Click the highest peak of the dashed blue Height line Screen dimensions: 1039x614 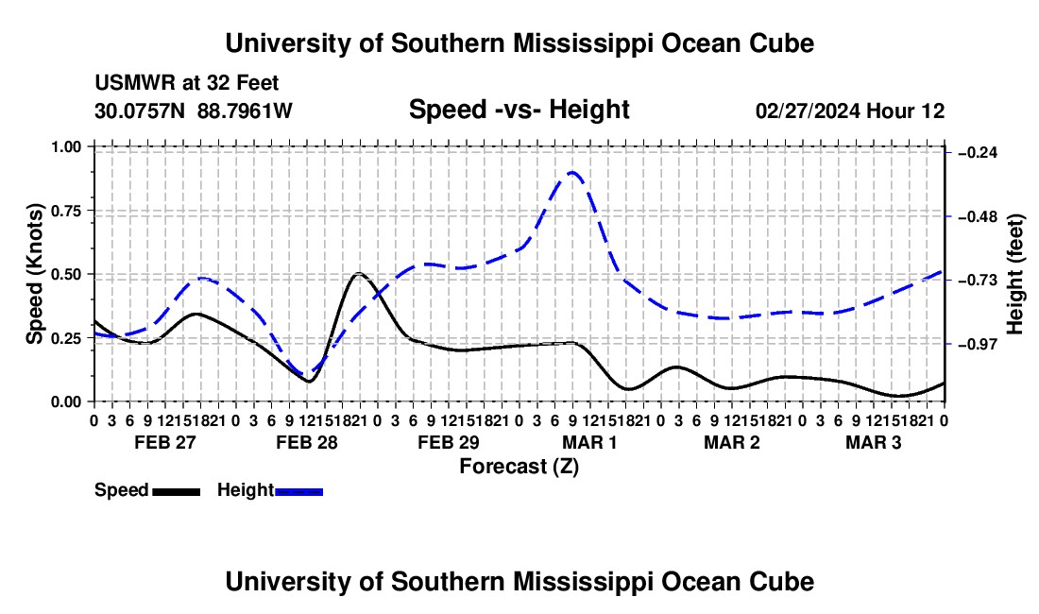tap(572, 172)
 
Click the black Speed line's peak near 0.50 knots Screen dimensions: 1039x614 tap(359, 273)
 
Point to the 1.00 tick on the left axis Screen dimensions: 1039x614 tap(92, 146)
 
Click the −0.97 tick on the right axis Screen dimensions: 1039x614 tap(947, 344)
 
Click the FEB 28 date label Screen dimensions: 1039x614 tap(307, 442)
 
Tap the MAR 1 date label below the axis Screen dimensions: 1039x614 tap(589, 442)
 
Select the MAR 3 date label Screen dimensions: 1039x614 tap(874, 442)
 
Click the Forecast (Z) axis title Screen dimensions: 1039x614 tap(519, 467)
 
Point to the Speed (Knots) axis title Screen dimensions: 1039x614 tap(34, 274)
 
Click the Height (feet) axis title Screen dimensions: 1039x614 tap(1014, 274)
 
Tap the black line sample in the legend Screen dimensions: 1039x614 tap(177, 491)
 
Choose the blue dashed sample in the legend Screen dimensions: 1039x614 tap(298, 491)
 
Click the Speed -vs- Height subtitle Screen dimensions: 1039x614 tap(519, 110)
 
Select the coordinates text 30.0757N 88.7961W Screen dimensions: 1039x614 tap(193, 111)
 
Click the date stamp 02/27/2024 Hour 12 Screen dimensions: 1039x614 tap(850, 111)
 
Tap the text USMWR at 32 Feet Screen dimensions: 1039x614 tap(187, 83)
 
